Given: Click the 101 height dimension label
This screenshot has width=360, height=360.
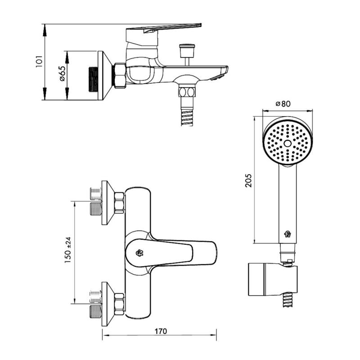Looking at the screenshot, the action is click(x=39, y=61).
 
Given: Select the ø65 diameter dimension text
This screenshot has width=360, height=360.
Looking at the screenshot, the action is click(x=63, y=73).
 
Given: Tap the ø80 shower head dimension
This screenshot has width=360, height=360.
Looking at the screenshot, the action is click(x=283, y=104).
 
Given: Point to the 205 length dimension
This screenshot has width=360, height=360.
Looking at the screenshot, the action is click(x=248, y=181).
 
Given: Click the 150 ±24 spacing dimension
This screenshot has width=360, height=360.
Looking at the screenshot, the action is click(x=68, y=250).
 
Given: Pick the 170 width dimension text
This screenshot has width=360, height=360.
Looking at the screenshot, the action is click(x=161, y=331).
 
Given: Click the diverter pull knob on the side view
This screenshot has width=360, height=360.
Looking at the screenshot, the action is click(x=187, y=50).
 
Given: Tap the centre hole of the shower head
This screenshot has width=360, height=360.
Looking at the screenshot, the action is click(x=288, y=144).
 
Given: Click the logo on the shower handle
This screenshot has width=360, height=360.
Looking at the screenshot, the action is click(x=288, y=234).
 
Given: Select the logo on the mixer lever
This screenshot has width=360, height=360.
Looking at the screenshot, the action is click(x=139, y=253).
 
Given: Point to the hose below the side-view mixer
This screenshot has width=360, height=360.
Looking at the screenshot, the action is click(x=187, y=117).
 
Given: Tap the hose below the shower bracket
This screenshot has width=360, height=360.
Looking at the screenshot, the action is click(x=287, y=300).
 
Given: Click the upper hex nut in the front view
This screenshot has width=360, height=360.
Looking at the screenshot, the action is click(x=120, y=203).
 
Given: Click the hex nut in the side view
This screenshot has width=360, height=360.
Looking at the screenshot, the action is click(x=119, y=75).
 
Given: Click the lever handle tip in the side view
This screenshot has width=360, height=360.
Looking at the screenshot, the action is click(x=199, y=25).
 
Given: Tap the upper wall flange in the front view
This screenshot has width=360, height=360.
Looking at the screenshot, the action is click(x=108, y=203).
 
